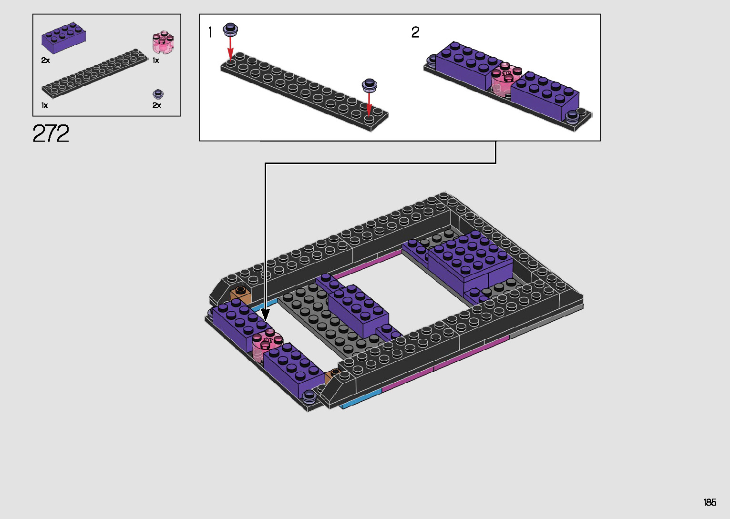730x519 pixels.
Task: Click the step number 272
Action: coord(51,133)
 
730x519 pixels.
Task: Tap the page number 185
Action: coord(709,502)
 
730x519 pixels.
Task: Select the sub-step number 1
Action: coord(211,32)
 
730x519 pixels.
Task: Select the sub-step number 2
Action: coord(415,32)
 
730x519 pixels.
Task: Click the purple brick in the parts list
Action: coord(63,38)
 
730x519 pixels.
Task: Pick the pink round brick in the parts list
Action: coord(163,42)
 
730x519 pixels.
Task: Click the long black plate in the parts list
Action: coord(94,73)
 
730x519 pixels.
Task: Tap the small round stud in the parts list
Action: coord(158,94)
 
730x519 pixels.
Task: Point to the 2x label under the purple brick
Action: coord(46,60)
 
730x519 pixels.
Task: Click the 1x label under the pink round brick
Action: coord(156,60)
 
